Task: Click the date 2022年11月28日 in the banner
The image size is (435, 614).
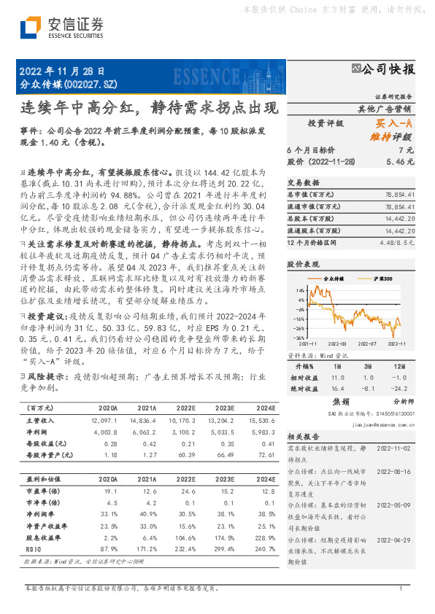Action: point(56,71)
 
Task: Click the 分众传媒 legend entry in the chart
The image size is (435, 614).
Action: point(335,279)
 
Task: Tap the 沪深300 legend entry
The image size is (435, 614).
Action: point(380,279)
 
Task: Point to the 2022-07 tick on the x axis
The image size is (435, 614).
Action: point(365,342)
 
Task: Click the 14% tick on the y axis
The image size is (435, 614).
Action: point(299,290)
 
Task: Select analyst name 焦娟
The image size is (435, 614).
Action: point(341,401)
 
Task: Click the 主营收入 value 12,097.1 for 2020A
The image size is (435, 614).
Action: point(105,421)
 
